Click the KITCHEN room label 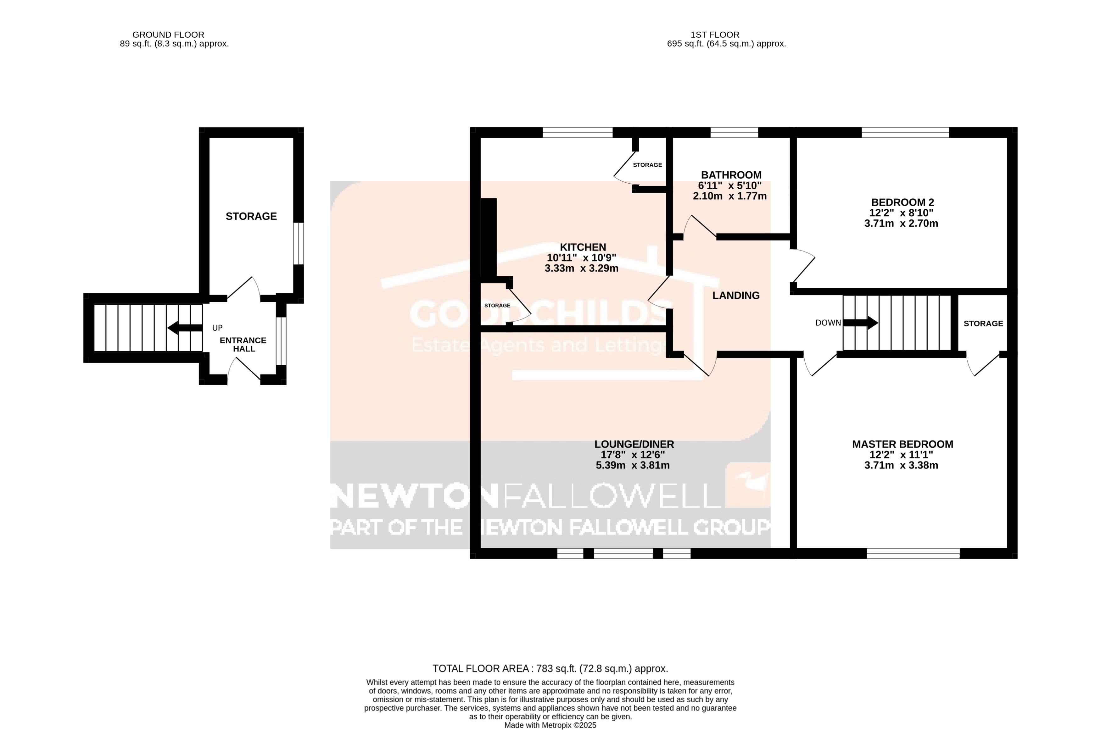click(582, 247)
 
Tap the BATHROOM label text click(731, 175)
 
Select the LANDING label click(735, 295)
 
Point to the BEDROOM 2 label click(902, 202)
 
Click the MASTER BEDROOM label click(902, 444)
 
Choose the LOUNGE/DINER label click(634, 444)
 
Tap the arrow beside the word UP click(184, 328)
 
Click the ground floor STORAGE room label click(251, 216)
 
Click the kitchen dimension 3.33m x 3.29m click(581, 268)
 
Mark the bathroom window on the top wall click(734, 133)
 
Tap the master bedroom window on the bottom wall click(913, 553)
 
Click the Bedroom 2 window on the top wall click(905, 133)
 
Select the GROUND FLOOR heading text click(168, 35)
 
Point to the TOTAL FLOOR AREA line click(550, 669)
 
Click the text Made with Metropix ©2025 click(550, 725)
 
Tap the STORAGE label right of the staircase click(983, 324)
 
